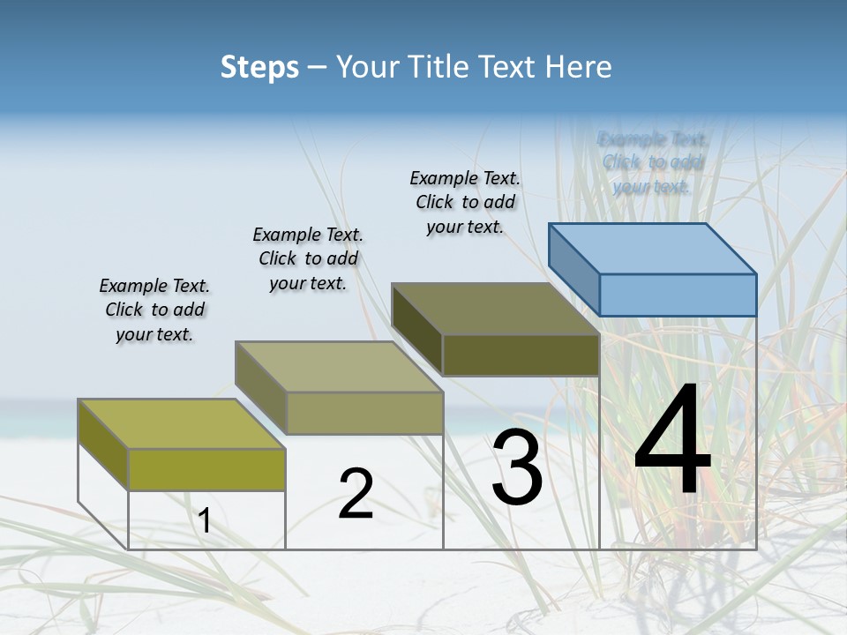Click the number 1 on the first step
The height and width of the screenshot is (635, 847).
point(205,521)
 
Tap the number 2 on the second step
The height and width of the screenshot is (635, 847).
point(356,494)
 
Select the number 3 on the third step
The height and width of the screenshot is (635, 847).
point(517,467)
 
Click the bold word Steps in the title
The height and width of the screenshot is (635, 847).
point(259,67)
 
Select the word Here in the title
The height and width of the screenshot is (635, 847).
point(579,67)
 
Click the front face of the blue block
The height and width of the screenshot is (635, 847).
point(678,295)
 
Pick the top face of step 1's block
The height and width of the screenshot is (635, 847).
point(181,423)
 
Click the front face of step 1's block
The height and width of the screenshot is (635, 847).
point(206,469)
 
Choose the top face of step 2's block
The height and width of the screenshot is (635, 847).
point(339,366)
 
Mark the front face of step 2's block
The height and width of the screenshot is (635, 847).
point(364,413)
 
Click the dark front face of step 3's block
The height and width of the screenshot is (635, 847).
point(521,355)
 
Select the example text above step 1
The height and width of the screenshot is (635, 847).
point(154,310)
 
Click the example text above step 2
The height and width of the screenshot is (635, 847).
point(308,258)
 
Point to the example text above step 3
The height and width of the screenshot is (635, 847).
point(465,202)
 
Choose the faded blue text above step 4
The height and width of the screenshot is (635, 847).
point(652,162)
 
